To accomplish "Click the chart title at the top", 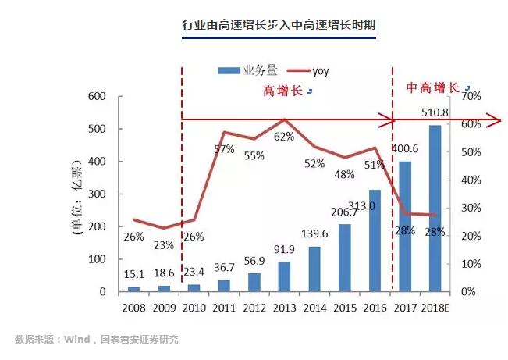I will (279, 26).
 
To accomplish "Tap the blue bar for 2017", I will (404, 226).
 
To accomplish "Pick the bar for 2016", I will (375, 241).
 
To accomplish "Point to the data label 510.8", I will (435, 113).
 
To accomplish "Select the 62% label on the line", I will (283, 137).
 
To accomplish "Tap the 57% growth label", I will (224, 149).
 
